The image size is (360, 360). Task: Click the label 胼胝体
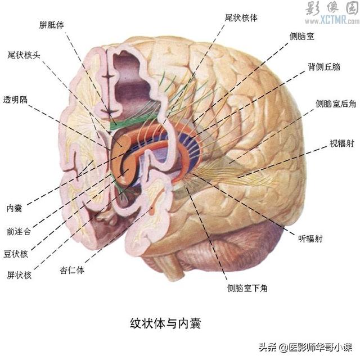(x=51, y=25)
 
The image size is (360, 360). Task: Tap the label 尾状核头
(x=24, y=55)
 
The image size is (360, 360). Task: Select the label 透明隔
(x=15, y=100)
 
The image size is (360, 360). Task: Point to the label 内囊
(x=14, y=208)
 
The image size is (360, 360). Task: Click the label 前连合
(x=19, y=231)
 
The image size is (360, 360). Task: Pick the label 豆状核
(x=16, y=254)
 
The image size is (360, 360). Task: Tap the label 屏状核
(x=19, y=275)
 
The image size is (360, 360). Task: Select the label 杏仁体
(x=72, y=270)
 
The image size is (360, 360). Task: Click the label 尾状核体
(x=241, y=17)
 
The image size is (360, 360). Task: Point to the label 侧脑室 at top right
(x=301, y=36)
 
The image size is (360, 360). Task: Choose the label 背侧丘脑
(x=324, y=67)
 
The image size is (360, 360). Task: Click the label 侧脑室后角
(x=336, y=103)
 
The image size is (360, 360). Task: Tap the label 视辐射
(x=342, y=143)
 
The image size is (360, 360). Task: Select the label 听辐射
(x=310, y=238)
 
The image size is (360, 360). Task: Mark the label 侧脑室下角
(x=247, y=288)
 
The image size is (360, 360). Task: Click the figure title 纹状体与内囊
(x=165, y=323)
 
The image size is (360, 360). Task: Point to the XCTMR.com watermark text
(x=332, y=20)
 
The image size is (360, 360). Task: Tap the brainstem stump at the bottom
(x=175, y=269)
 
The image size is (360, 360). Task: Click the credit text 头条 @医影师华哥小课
(x=305, y=347)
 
